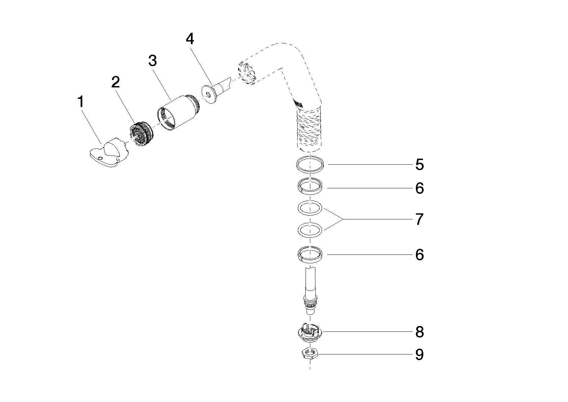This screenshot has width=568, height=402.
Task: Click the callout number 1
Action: (x=81, y=102)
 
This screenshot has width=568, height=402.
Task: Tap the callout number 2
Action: (x=115, y=82)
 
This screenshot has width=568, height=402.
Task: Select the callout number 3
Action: (x=152, y=61)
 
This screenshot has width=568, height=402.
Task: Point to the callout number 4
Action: (x=190, y=39)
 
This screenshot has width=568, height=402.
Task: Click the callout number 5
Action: (x=420, y=164)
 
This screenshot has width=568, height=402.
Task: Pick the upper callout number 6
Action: (x=420, y=188)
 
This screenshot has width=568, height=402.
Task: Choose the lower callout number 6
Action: (x=420, y=254)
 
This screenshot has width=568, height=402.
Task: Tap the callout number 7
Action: (x=420, y=219)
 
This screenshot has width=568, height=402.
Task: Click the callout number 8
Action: (x=420, y=332)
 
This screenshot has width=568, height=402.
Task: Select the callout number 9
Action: (x=420, y=354)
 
